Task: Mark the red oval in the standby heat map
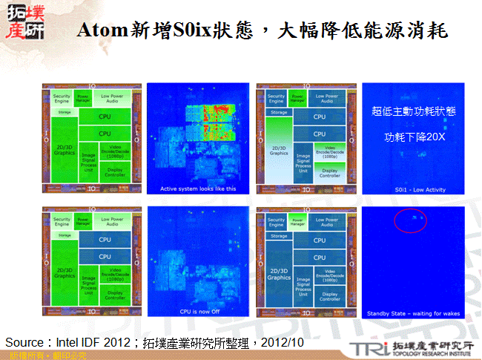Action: (x=410, y=220)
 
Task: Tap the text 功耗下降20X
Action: (x=413, y=137)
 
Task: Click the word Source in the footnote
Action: (x=24, y=341)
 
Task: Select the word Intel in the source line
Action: (x=70, y=341)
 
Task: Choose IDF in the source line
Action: (x=96, y=341)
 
